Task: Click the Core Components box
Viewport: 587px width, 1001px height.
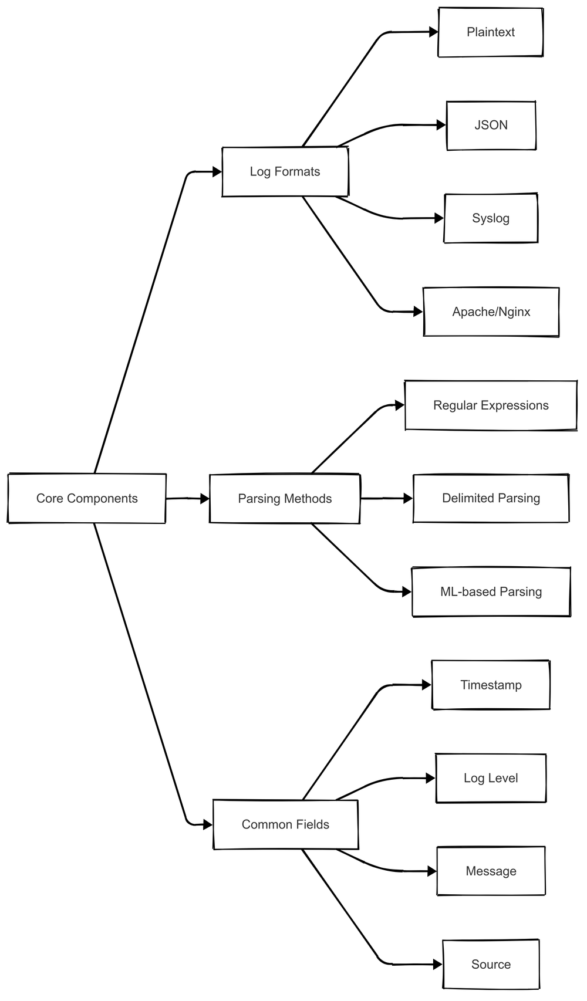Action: click(x=87, y=498)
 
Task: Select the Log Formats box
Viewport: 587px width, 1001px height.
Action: click(x=285, y=171)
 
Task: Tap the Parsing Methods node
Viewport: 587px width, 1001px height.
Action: click(x=285, y=499)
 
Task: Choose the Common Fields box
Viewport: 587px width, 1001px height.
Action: click(x=285, y=824)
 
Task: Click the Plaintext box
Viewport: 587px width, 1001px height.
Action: click(x=490, y=32)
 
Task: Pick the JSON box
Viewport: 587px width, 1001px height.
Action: click(x=491, y=125)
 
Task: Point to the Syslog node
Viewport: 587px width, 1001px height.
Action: click(x=491, y=218)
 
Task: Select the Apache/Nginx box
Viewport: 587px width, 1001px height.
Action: click(x=491, y=312)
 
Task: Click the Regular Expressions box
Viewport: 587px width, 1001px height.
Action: click(x=491, y=405)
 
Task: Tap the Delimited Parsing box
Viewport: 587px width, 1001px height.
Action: click(x=491, y=498)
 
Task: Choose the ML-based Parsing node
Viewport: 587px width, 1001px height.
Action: click(x=491, y=591)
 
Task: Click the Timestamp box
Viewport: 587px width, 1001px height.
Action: click(x=491, y=685)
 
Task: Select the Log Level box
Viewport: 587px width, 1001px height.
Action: click(x=491, y=778)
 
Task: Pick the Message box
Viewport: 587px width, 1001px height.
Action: click(x=491, y=871)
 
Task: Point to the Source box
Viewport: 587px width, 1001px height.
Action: click(x=491, y=964)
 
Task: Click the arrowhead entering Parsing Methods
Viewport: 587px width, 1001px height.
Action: click(x=205, y=499)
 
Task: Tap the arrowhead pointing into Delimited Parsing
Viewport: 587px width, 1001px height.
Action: click(x=409, y=498)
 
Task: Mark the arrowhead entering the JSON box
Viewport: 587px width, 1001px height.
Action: click(x=441, y=125)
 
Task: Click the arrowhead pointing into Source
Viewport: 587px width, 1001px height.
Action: click(x=437, y=964)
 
